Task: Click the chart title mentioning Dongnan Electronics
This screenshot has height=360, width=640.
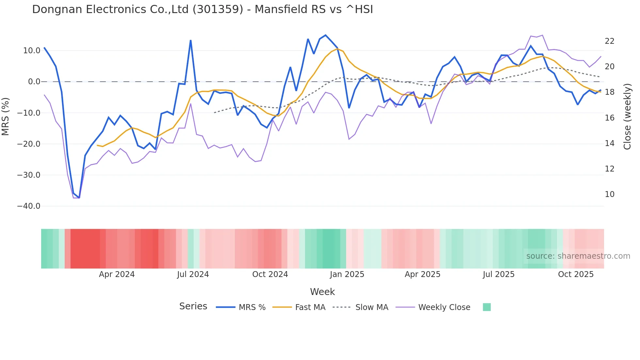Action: point(202,9)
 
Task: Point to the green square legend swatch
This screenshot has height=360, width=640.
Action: point(487,307)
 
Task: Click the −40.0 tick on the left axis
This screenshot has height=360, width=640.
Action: point(29,206)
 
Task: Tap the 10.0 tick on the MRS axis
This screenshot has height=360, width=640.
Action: point(31,51)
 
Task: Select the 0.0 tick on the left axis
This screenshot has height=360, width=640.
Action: point(34,82)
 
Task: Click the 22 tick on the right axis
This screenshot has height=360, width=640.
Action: point(609,41)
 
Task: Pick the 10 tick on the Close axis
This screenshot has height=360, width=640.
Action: point(609,194)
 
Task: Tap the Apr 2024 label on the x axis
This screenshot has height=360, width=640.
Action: point(117,274)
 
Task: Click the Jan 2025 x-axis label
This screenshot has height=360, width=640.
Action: point(347,274)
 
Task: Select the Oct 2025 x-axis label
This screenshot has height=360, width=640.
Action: point(576,274)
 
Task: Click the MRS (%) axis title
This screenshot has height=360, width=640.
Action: point(6,116)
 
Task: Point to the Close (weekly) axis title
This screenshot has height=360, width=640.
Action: point(627,116)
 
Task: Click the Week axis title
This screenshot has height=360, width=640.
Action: point(322,292)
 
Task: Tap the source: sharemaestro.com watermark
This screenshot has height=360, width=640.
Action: point(578,256)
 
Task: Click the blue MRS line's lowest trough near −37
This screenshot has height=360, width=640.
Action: point(79,198)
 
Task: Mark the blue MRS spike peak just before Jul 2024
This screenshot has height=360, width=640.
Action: point(191,41)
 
